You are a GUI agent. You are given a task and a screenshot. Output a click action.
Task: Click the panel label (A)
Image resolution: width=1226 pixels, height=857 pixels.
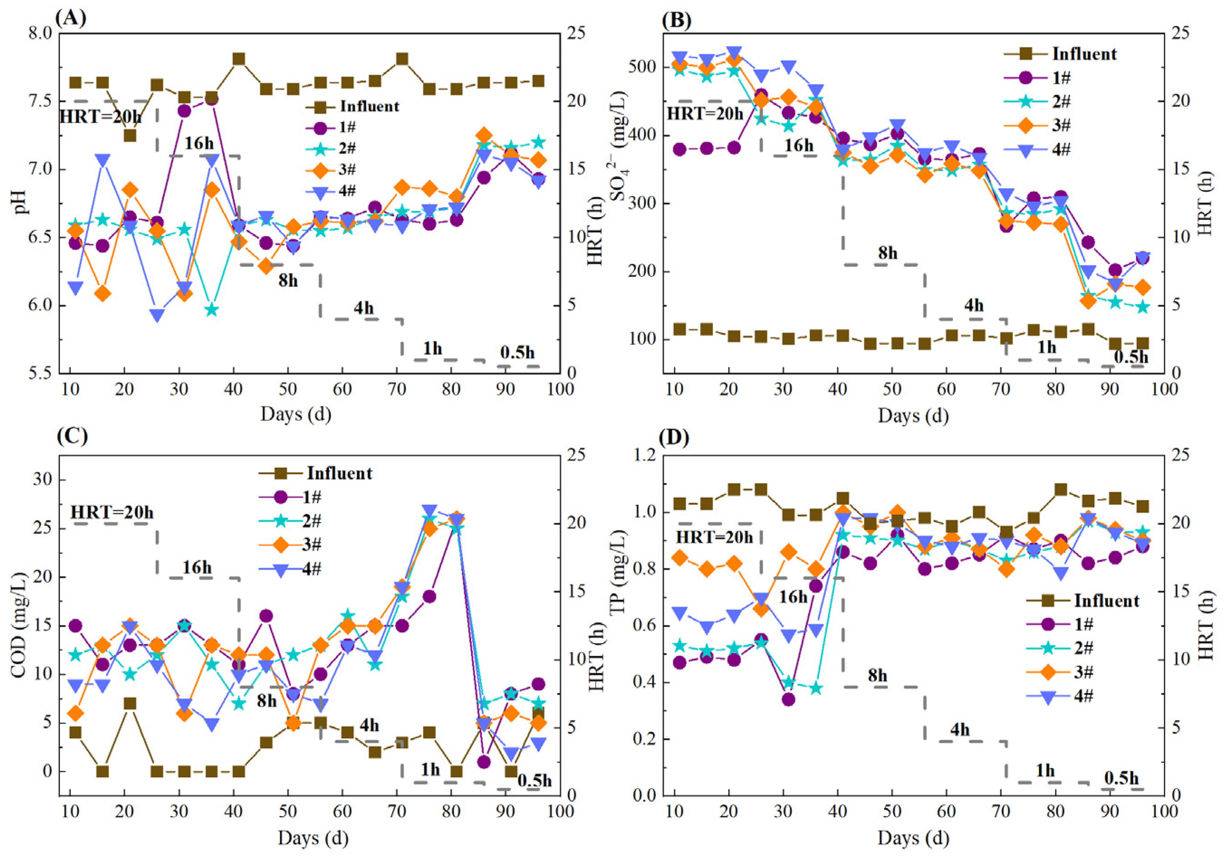(x=71, y=19)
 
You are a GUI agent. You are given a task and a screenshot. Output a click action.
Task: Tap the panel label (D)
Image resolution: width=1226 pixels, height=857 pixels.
(x=675, y=437)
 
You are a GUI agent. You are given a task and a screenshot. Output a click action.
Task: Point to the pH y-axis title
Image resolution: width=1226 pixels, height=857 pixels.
(x=21, y=203)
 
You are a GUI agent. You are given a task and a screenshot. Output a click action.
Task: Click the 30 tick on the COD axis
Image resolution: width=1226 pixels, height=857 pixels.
(x=42, y=479)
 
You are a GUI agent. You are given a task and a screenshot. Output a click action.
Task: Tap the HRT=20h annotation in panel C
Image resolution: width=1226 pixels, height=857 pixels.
(x=112, y=513)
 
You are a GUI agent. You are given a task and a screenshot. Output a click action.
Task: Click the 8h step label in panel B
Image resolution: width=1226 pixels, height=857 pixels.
(x=888, y=253)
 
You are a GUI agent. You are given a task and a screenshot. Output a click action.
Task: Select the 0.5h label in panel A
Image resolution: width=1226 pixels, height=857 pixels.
(x=517, y=353)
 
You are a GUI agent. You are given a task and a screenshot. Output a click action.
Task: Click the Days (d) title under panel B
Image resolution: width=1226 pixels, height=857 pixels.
(x=913, y=416)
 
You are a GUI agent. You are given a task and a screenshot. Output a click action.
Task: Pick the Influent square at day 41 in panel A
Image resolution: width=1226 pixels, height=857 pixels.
(x=239, y=59)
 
